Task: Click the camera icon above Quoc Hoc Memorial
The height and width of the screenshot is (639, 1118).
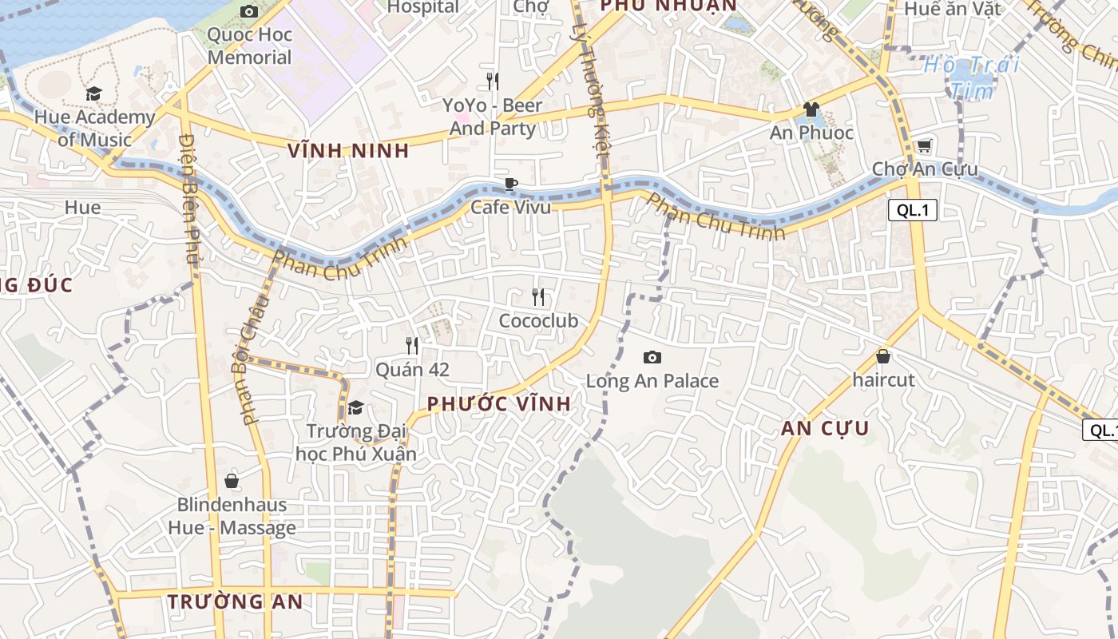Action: click(249, 11)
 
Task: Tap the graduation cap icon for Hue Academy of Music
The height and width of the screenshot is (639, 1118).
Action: click(94, 93)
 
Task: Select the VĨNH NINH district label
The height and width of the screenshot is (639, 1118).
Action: click(348, 150)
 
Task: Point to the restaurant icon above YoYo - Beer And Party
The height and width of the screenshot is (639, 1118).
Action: click(493, 81)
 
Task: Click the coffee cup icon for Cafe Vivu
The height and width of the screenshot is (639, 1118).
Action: click(511, 185)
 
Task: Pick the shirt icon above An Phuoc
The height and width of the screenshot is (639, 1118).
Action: click(811, 109)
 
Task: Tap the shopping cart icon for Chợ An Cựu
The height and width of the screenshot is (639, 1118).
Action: click(924, 145)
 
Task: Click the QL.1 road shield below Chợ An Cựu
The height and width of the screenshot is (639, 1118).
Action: click(912, 210)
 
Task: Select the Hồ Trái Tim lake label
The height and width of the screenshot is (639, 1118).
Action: click(972, 77)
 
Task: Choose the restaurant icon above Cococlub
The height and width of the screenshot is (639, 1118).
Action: click(538, 297)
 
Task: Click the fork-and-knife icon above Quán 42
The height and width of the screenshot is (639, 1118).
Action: click(412, 346)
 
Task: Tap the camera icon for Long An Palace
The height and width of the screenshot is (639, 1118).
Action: click(652, 357)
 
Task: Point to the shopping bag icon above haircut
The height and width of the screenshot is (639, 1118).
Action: click(883, 356)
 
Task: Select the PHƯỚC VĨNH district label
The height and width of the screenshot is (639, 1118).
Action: click(499, 404)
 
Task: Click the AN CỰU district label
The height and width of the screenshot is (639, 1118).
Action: click(825, 428)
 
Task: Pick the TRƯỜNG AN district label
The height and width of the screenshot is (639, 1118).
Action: click(235, 602)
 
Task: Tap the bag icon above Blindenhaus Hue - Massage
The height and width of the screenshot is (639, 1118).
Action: click(232, 481)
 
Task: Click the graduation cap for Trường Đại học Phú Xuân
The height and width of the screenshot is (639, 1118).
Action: click(356, 407)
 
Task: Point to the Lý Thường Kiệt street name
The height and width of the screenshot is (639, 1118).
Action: click(592, 88)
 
